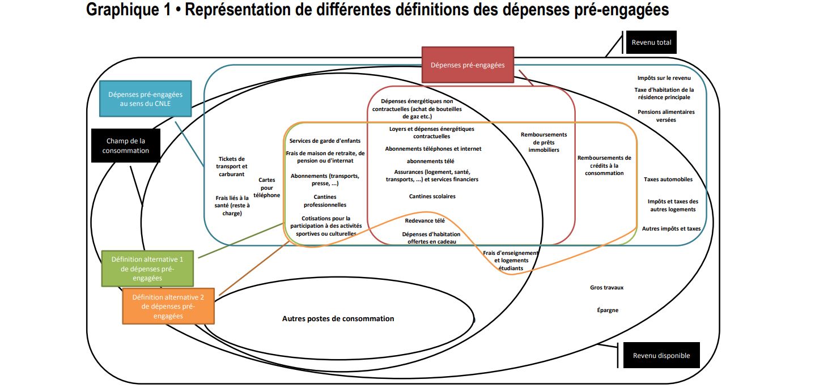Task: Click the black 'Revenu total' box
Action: tap(651, 42)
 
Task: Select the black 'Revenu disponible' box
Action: tap(661, 356)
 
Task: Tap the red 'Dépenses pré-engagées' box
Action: tap(468, 65)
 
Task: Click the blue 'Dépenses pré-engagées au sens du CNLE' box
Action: tap(146, 99)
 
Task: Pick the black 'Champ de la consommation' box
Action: tap(126, 146)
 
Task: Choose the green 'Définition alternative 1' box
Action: tap(148, 268)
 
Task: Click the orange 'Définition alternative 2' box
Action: tap(168, 306)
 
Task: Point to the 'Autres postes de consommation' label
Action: tap(338, 319)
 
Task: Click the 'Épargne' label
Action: tap(608, 310)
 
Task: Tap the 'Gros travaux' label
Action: tap(606, 287)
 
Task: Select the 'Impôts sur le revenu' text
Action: tap(664, 78)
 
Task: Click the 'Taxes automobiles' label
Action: tap(668, 180)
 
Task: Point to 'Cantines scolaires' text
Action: tap(432, 196)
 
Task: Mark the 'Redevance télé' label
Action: tap(425, 220)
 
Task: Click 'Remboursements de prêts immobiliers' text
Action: tap(544, 142)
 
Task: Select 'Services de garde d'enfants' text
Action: tap(325, 140)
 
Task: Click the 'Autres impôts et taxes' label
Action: tap(671, 229)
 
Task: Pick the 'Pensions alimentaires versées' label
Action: tap(666, 116)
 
